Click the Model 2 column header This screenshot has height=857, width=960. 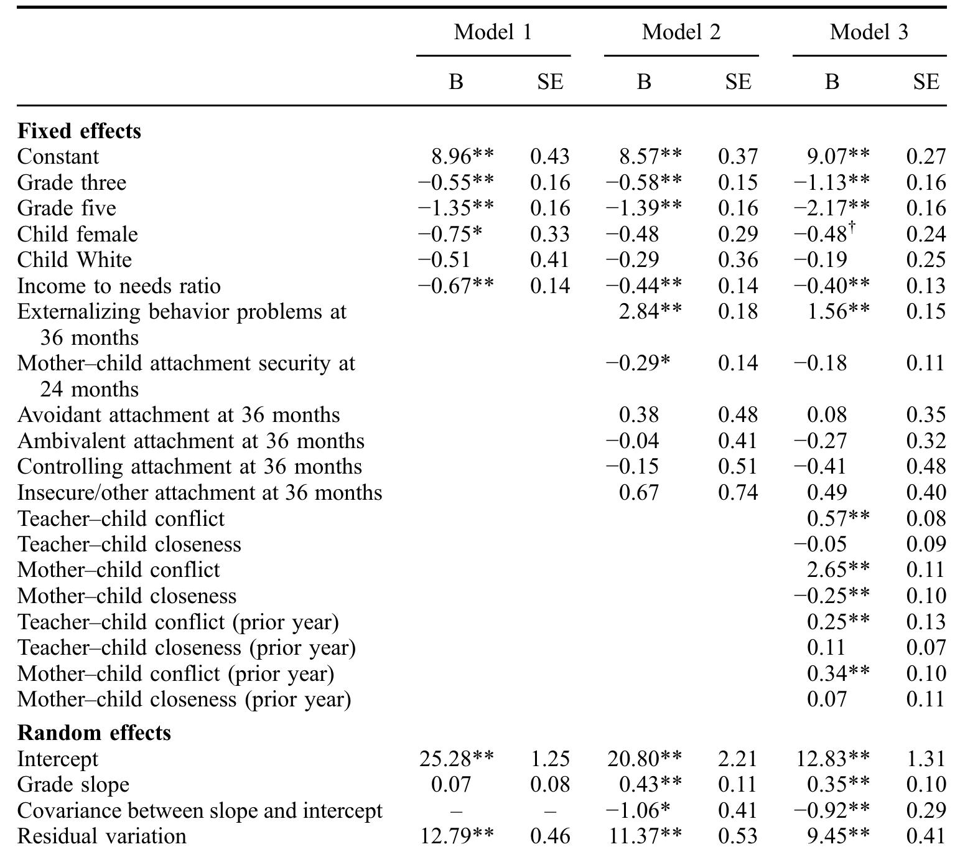(x=681, y=32)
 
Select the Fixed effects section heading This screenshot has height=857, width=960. (x=79, y=131)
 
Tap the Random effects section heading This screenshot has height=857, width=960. (x=94, y=733)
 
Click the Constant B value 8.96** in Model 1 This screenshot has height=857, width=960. (x=462, y=156)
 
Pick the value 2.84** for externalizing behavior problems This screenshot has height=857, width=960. (x=650, y=311)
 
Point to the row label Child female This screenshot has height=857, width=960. (x=77, y=234)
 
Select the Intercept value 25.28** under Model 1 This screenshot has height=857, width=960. (x=456, y=759)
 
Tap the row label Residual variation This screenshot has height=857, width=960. (x=101, y=836)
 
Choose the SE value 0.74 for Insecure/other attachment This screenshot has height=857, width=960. (x=738, y=492)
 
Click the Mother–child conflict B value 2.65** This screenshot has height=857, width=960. (x=837, y=569)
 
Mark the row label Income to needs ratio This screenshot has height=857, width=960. (x=119, y=286)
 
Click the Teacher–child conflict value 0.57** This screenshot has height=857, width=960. (x=837, y=518)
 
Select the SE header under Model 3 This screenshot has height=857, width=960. (x=926, y=82)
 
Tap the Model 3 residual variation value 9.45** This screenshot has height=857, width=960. (x=837, y=836)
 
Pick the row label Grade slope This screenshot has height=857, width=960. (x=73, y=785)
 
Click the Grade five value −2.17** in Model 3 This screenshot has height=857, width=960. (x=831, y=208)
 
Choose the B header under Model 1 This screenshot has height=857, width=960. (x=455, y=82)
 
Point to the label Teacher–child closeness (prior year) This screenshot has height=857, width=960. (x=186, y=648)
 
